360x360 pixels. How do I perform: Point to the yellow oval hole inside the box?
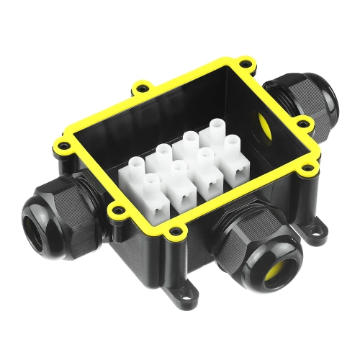click(264, 126)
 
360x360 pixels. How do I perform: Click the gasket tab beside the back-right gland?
click(303, 125)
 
